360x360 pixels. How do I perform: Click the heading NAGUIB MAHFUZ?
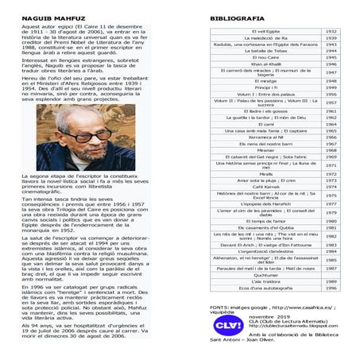point(41,16)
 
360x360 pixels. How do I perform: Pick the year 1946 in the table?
point(332,64)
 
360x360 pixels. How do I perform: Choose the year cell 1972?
point(332,172)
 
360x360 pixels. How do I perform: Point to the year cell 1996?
point(332,287)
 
